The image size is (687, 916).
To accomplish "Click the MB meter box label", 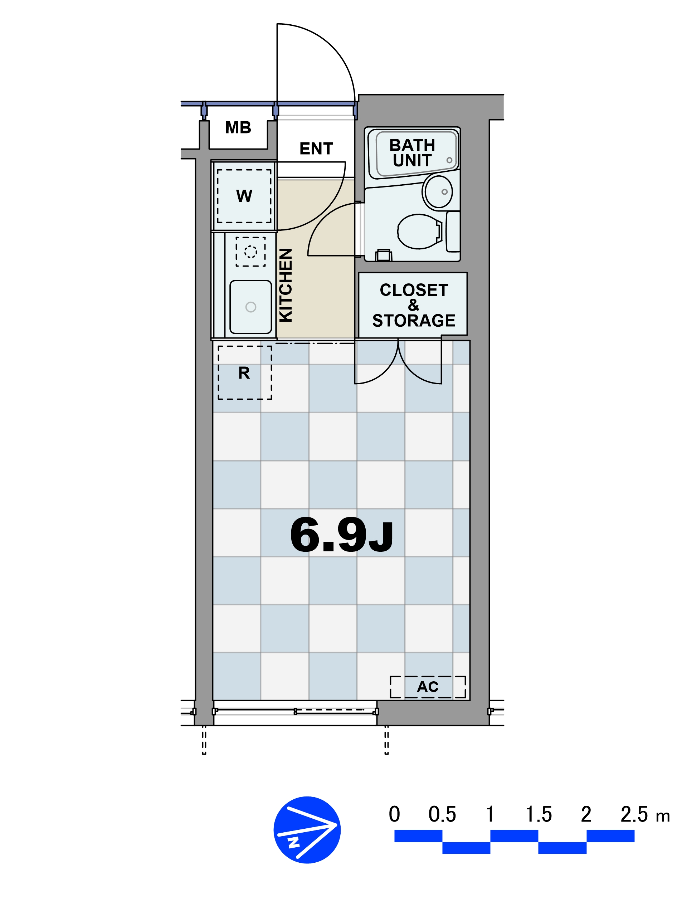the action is point(238,127).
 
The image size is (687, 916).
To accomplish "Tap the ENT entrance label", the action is point(316,148).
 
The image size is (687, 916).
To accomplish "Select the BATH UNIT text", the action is point(412,153).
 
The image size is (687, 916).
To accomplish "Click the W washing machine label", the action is point(244,196).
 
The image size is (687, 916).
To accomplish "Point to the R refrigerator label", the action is point(244,373).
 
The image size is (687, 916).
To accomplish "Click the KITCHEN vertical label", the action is point(286,285).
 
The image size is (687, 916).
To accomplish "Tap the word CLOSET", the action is point(414,290).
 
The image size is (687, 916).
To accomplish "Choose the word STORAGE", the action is point(414,321).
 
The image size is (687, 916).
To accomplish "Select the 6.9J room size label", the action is point(342,535).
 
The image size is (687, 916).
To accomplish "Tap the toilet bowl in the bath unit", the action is point(419,232).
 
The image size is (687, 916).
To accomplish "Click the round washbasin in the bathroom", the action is point(438,191).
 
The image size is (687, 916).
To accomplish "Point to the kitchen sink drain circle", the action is point(250,307).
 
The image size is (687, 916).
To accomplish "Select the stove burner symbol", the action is point(250,251).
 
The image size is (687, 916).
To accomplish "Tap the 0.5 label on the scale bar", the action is point(442,814).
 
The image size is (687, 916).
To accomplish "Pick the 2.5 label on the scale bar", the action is point(634,814).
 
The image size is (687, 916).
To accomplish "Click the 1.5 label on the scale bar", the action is point(539,814).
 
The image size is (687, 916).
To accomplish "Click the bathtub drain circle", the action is point(449,160).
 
